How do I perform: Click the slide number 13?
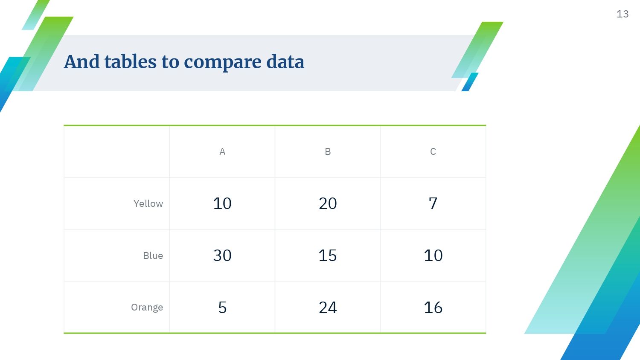pyautogui.click(x=623, y=14)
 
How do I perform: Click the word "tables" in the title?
pyautogui.click(x=130, y=61)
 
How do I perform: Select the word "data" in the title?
pyautogui.click(x=285, y=61)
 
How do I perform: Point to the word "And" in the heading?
pyautogui.click(x=82, y=61)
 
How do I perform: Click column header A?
pyautogui.click(x=222, y=151)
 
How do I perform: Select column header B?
pyautogui.click(x=328, y=151)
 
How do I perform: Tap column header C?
pyautogui.click(x=433, y=151)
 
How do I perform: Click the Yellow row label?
pyautogui.click(x=148, y=204)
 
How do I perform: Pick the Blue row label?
pyautogui.click(x=153, y=255)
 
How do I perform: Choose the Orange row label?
pyautogui.click(x=147, y=308)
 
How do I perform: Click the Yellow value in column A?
pyautogui.click(x=222, y=203)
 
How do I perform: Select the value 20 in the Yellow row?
pyautogui.click(x=328, y=203)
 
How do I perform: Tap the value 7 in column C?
pyautogui.click(x=433, y=203)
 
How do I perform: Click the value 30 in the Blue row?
pyautogui.click(x=222, y=255)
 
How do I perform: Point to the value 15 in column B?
pyautogui.click(x=328, y=255)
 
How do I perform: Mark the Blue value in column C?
pyautogui.click(x=433, y=255)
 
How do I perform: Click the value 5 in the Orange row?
pyautogui.click(x=222, y=308)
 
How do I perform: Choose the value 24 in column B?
pyautogui.click(x=328, y=308)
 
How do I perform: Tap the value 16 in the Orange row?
pyautogui.click(x=433, y=308)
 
